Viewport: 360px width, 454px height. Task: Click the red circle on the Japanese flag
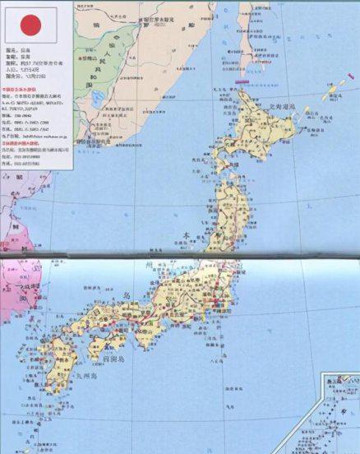30,25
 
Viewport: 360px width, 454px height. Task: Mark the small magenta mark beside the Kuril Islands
315,104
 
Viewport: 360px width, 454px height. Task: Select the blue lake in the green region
97,99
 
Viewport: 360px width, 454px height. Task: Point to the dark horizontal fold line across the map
180,257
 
